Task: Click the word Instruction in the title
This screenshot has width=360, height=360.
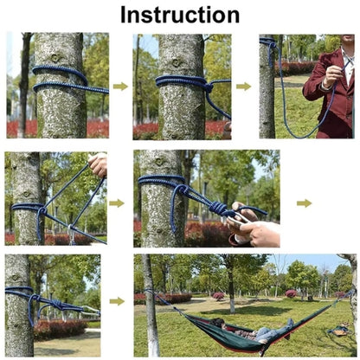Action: pos(180,15)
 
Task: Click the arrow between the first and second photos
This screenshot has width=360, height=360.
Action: pos(120,87)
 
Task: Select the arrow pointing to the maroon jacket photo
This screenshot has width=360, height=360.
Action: pos(243,87)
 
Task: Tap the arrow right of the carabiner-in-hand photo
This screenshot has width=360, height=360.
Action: pos(304,203)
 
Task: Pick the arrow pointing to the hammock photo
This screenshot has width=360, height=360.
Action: pos(117,301)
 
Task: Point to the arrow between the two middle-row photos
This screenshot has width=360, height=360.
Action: pos(117,203)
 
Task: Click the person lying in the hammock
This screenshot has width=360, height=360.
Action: pos(250,331)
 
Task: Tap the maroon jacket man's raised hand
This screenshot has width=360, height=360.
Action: pos(333,74)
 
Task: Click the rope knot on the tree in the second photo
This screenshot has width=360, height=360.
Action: pos(209,86)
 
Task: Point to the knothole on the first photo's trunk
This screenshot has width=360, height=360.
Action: pos(55,57)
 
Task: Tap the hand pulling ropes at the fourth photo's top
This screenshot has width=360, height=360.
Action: pos(99,165)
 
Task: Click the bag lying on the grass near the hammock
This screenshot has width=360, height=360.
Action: pos(339,331)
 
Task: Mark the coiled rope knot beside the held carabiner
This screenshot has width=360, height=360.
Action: pos(218,208)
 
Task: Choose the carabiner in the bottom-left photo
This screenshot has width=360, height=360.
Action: pos(90,310)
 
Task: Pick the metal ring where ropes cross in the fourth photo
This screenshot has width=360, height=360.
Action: pos(70,228)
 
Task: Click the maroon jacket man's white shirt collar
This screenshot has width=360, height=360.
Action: pos(347,63)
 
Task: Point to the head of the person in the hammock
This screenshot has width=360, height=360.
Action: pos(217,323)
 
